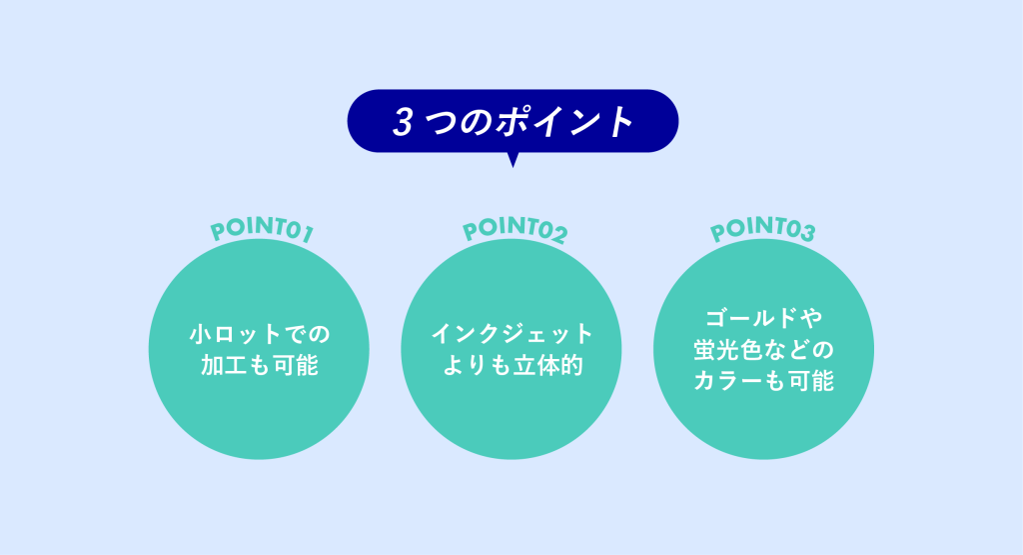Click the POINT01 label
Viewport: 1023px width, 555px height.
pos(262,230)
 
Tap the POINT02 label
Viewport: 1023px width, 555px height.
pos(514,229)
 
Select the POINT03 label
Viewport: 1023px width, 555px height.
pos(762,229)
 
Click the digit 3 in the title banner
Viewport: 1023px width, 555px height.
pos(403,122)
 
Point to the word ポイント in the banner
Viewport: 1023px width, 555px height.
pos(564,121)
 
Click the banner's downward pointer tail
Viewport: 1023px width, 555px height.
pos(512,160)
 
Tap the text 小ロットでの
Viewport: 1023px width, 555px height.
pos(260,334)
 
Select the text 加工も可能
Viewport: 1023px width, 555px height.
pos(260,365)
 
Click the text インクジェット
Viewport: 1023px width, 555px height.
pos(512,334)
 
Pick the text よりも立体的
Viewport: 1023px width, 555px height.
pos(512,365)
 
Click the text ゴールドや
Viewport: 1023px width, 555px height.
pos(764,319)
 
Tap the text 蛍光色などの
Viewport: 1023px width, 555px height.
pos(764,350)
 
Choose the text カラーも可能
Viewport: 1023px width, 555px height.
pos(764,381)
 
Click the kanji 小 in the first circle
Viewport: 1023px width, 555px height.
pos(201,334)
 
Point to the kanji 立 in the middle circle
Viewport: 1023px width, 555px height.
pos(523,365)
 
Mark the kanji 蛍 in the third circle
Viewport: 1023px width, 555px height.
pos(704,350)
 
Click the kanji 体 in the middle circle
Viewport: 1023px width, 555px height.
pos(547,365)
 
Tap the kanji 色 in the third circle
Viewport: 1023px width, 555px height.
pos(752,350)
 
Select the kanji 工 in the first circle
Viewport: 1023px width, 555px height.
pos(236,365)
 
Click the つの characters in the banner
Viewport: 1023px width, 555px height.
pos(460,122)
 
